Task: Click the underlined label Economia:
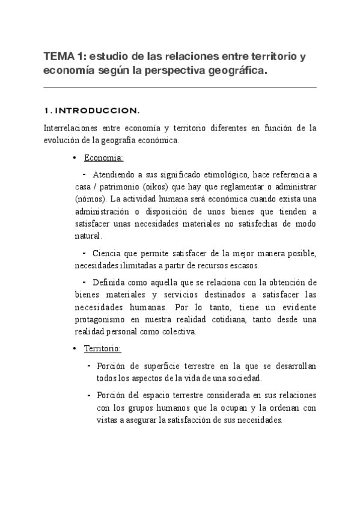(104, 158)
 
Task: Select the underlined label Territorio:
(103, 348)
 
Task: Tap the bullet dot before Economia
(74, 158)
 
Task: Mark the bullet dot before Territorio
(74, 349)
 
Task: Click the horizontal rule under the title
(180, 88)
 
